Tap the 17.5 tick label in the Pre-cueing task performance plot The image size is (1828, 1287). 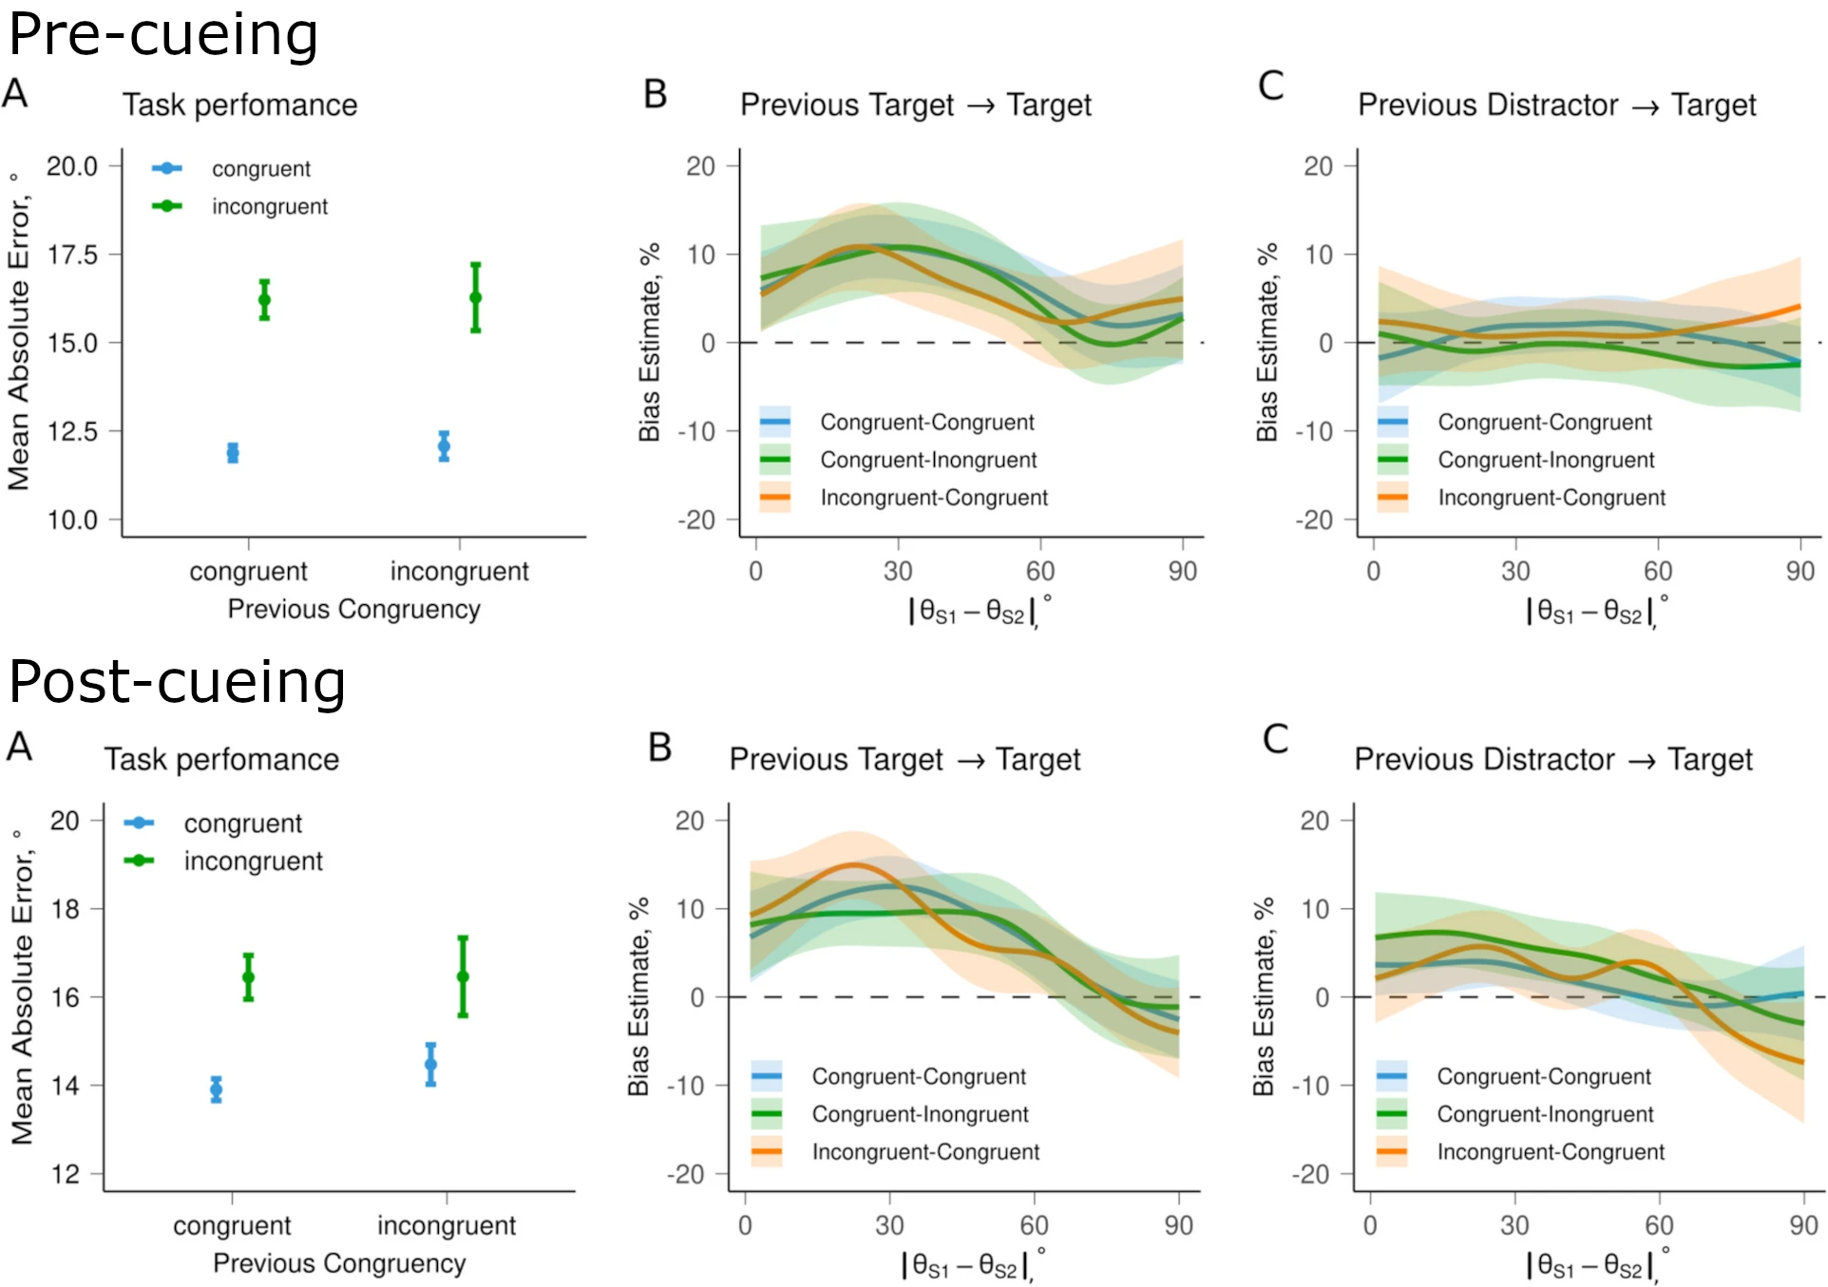(72, 255)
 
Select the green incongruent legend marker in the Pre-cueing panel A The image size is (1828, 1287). (167, 206)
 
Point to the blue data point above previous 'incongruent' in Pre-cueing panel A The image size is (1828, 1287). (444, 446)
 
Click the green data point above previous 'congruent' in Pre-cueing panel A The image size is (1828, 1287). (264, 300)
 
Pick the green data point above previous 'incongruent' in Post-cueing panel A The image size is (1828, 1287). (463, 976)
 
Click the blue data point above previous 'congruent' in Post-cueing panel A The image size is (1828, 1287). (217, 1089)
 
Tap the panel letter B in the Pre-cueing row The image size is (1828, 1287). (656, 94)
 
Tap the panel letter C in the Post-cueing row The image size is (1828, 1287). (1275, 739)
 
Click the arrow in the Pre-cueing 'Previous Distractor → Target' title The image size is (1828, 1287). (1646, 106)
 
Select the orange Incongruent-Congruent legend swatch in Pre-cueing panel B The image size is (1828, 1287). (775, 498)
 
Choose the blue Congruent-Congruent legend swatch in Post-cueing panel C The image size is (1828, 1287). (1392, 1076)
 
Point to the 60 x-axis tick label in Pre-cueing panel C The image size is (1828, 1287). (1658, 571)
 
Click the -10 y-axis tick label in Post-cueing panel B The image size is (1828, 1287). (686, 1086)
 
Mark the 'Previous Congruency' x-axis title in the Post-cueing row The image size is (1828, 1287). (339, 1263)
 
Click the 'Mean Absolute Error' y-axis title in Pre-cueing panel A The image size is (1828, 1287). (19, 332)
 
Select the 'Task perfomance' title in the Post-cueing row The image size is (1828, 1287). (221, 760)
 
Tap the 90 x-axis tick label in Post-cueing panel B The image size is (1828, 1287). (1178, 1225)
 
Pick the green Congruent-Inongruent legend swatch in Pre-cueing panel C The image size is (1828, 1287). (1393, 460)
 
